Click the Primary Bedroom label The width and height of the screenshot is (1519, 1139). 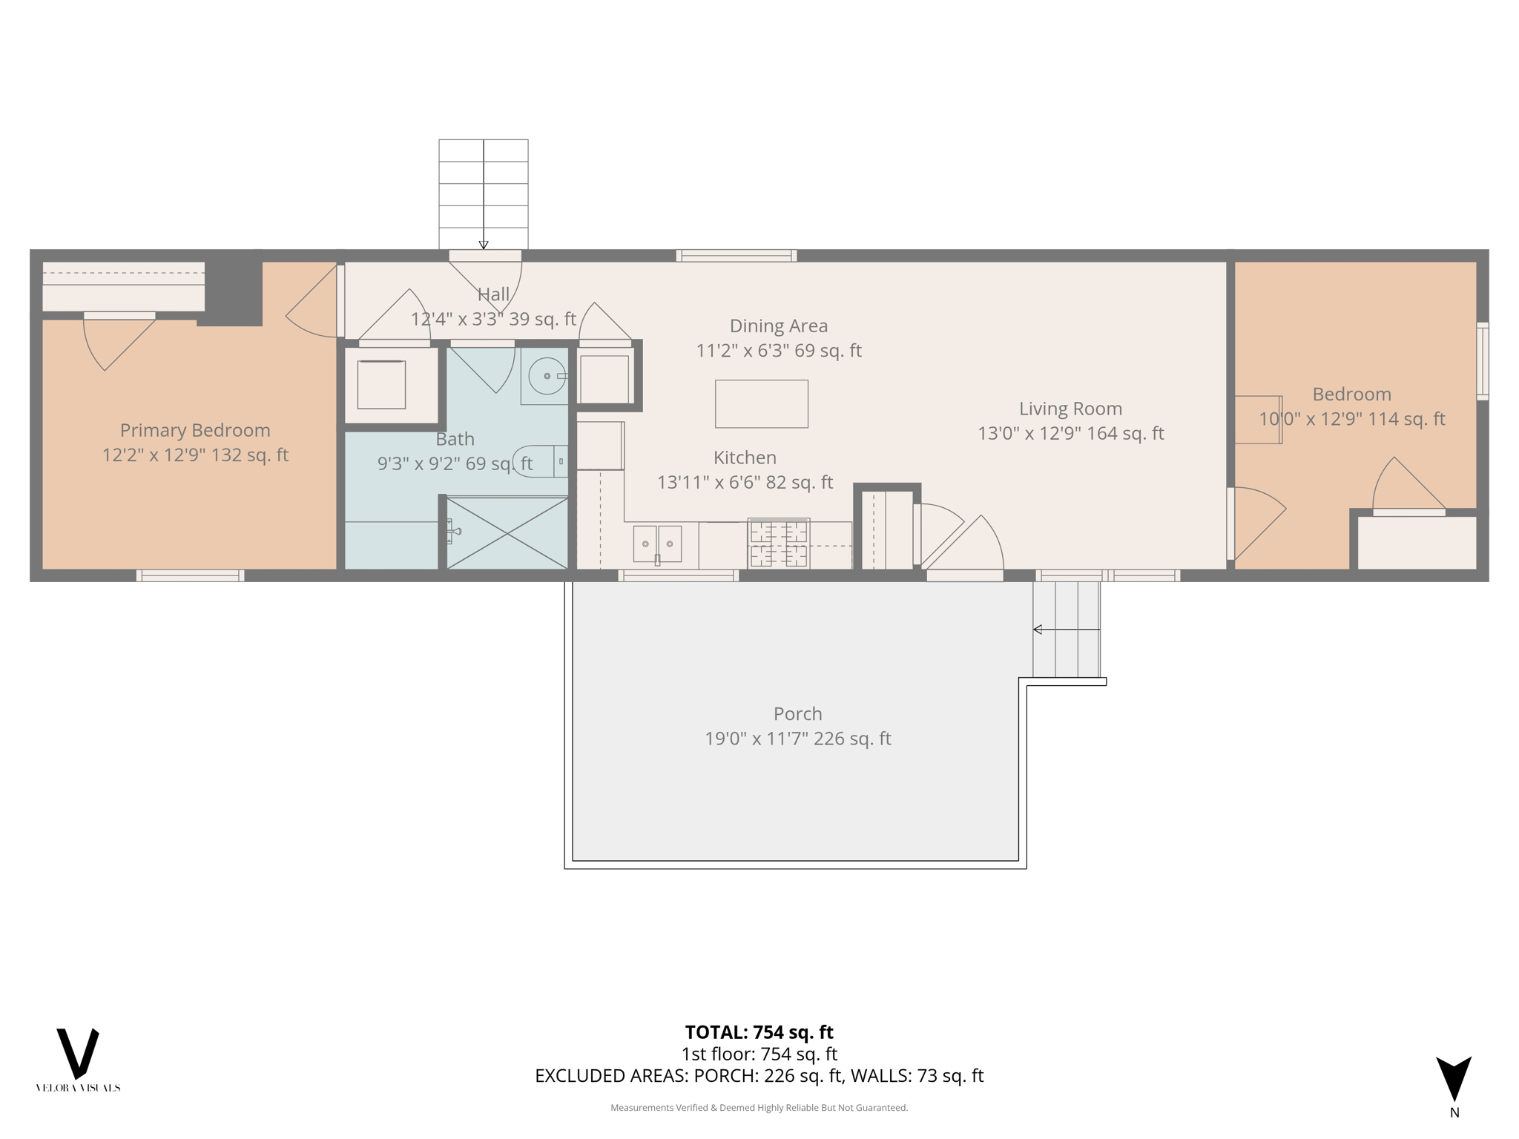coord(195,430)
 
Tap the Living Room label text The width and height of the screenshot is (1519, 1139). coord(1070,409)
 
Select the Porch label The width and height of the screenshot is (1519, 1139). coord(797,713)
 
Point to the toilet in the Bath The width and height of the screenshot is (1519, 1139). coord(541,461)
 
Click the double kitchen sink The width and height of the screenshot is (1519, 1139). coord(657,544)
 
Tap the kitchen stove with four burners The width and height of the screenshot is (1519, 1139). coord(778,543)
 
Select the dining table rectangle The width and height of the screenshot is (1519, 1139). coord(761,403)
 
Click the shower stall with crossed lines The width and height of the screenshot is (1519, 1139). coord(507,533)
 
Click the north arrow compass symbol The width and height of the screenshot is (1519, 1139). coord(1454,1080)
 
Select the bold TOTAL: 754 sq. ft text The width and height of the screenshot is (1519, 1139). coord(759,1031)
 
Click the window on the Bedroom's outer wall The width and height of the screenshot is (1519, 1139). coord(1482,361)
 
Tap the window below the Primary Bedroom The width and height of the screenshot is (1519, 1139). coord(190,575)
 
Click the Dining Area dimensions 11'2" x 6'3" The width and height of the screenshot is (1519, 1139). coord(778,350)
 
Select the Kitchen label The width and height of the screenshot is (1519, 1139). coord(745,458)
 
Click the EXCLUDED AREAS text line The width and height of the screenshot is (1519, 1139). coord(759,1075)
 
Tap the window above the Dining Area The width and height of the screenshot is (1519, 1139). coord(736,256)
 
